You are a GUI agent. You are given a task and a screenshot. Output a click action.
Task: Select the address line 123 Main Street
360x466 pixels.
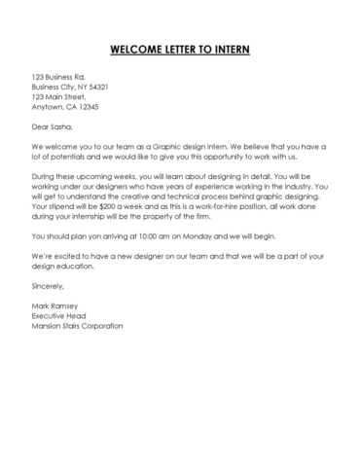tap(58, 97)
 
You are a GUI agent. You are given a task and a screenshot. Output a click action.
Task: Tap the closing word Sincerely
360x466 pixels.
tap(48, 286)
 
